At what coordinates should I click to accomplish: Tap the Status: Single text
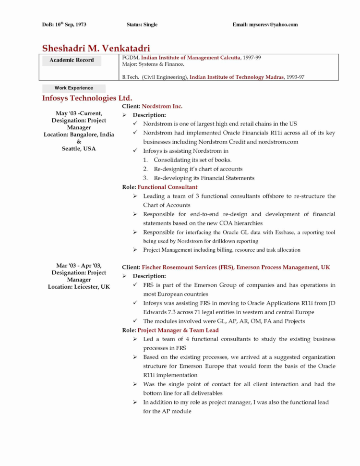pyautogui.click(x=142, y=25)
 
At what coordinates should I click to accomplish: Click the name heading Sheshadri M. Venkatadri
pyautogui.click(x=96, y=48)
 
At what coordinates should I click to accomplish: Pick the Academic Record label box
pyautogui.click(x=72, y=61)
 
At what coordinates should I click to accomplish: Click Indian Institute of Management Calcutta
pyautogui.click(x=191, y=58)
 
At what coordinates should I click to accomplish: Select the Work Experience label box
pyautogui.click(x=73, y=88)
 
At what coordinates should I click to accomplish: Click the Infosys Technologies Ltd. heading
pyautogui.click(x=87, y=98)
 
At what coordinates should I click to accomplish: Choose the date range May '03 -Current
pyautogui.click(x=79, y=113)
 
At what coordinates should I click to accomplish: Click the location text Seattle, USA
pyautogui.click(x=79, y=149)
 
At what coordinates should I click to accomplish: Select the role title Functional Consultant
pyautogui.click(x=168, y=187)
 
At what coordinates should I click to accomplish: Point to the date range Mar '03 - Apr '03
pyautogui.click(x=79, y=266)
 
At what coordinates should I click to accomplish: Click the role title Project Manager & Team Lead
pyautogui.click(x=178, y=330)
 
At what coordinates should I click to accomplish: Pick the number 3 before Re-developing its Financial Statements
pyautogui.click(x=145, y=178)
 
